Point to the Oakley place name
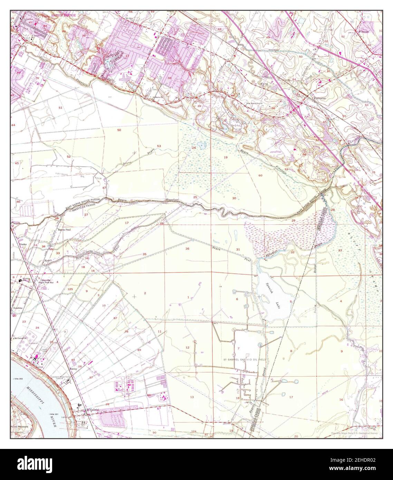pos(73,369)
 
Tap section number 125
pos(70,289)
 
